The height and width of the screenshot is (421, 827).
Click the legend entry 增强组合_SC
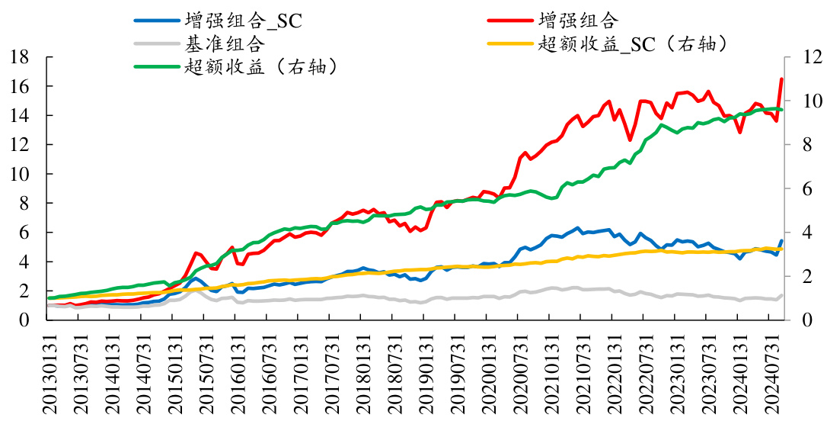coord(243,21)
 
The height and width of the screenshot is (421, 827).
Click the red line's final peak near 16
coord(781,79)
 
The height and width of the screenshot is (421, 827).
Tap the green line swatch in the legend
coord(156,67)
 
